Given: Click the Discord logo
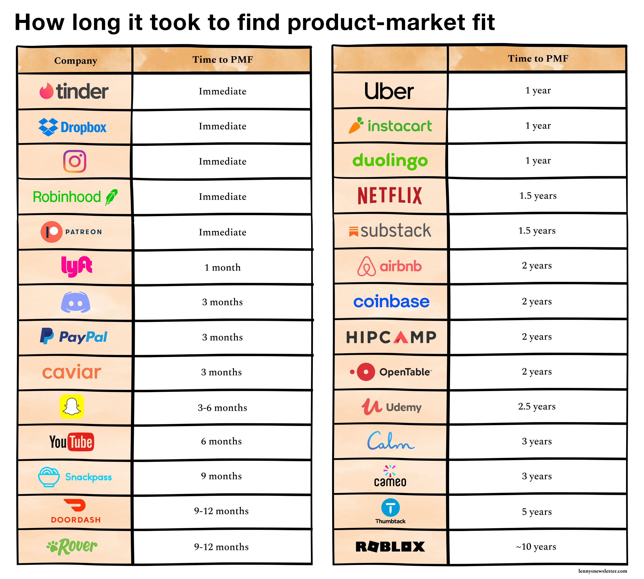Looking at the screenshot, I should pyautogui.click(x=75, y=302).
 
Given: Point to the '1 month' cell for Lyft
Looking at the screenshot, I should pyautogui.click(x=222, y=267).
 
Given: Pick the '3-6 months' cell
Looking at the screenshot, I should pyautogui.click(x=222, y=408).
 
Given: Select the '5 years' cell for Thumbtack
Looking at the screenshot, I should pyautogui.click(x=537, y=512).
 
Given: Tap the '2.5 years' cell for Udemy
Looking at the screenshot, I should pyautogui.click(x=537, y=406).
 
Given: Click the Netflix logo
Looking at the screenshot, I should pyautogui.click(x=390, y=195).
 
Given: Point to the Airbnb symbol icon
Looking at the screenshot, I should pyautogui.click(x=367, y=266).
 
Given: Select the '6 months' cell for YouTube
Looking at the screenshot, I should pyautogui.click(x=222, y=441).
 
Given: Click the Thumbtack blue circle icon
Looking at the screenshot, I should pyautogui.click(x=390, y=507).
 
